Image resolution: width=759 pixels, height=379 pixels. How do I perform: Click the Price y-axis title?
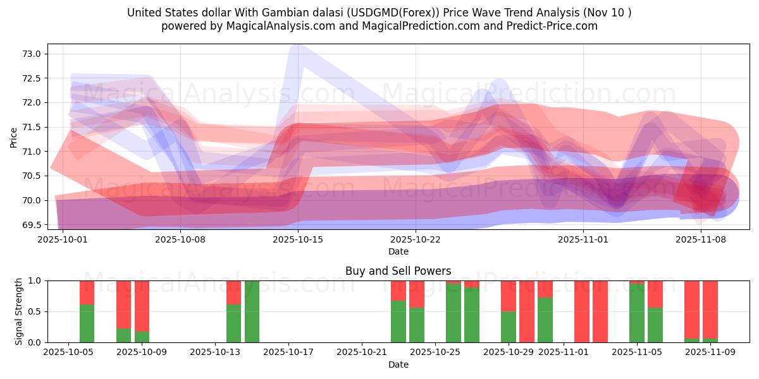14,136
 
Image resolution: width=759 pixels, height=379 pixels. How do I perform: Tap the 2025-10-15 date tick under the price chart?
298,239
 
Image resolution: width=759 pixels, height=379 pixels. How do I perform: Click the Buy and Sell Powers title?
398,271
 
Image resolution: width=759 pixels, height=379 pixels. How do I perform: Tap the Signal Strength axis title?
20,311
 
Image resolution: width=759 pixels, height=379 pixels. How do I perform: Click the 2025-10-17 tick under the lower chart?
288,352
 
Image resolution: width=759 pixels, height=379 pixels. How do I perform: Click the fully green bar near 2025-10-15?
252,311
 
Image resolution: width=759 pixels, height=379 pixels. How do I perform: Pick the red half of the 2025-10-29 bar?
508,296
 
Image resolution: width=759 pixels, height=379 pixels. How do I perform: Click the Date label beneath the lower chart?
398,364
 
